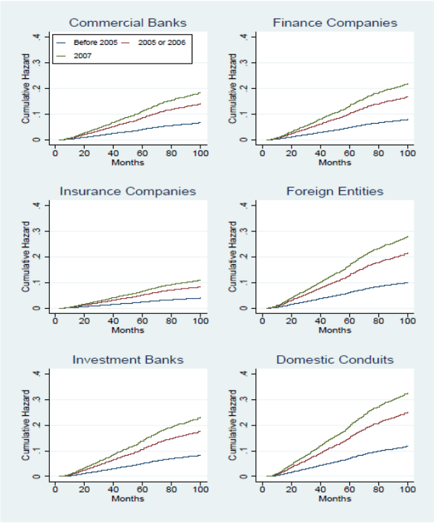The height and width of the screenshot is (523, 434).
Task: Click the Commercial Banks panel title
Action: (127, 22)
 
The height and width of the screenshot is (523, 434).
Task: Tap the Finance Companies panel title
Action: (335, 22)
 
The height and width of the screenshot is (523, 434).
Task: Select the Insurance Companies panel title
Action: (127, 192)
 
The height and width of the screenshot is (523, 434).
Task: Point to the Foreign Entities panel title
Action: (335, 192)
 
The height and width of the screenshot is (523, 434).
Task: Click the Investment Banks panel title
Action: (127, 360)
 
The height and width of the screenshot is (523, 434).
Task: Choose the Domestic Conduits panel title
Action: (335, 360)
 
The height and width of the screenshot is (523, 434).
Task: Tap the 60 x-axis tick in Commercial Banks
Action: (142, 154)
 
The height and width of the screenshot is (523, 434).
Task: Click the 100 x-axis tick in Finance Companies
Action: (407, 154)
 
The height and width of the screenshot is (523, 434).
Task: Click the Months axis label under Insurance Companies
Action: (127, 331)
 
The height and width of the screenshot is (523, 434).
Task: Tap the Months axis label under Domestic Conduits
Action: (335, 499)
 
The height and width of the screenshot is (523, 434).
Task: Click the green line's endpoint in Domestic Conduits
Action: (407, 393)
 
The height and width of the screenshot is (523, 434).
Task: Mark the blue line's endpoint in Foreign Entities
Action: (407, 283)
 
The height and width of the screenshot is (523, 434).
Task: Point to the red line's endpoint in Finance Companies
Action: (407, 97)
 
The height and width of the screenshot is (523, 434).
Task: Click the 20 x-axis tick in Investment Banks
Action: (84, 490)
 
